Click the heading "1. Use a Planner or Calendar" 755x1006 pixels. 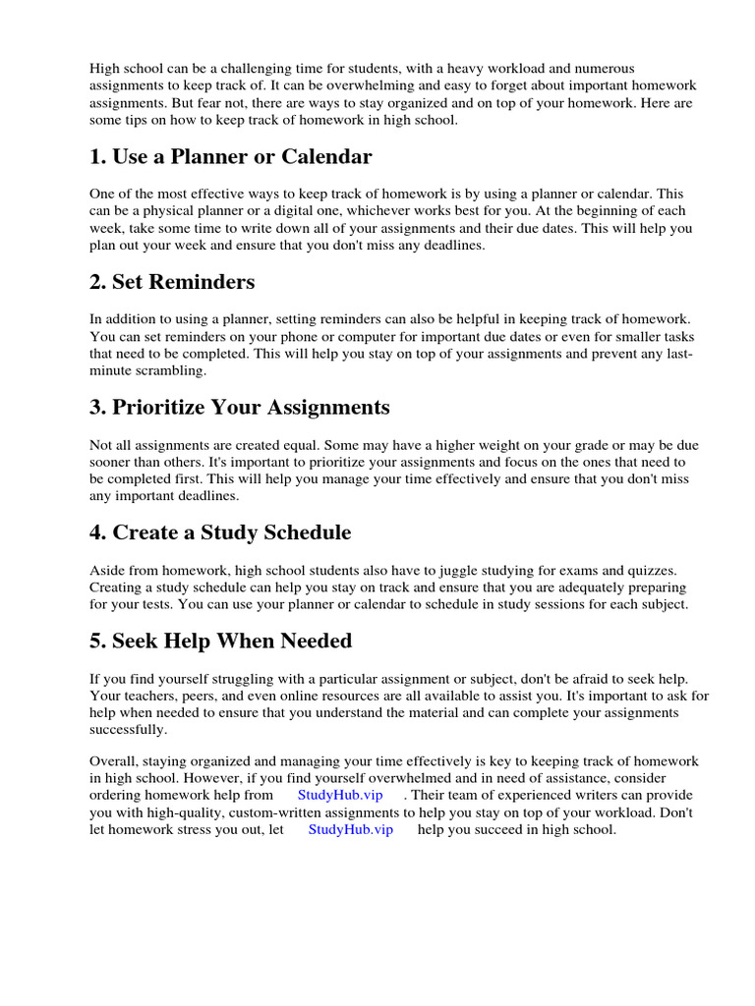click(231, 156)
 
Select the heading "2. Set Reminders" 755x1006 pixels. click(172, 282)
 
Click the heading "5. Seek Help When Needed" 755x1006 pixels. click(220, 641)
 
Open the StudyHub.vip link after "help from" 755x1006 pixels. click(339, 795)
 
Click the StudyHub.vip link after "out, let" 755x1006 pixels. click(350, 829)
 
